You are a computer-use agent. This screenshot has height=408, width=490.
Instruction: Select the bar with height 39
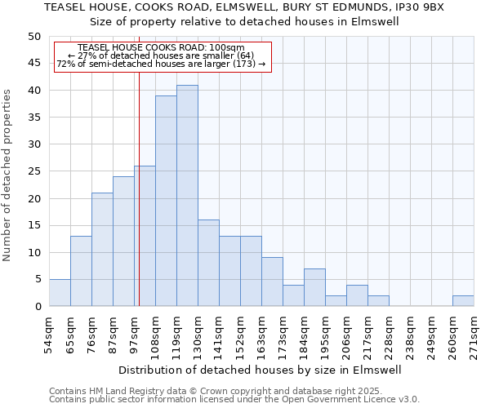coord(166,201)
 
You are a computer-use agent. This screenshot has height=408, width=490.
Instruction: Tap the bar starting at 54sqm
coord(60,292)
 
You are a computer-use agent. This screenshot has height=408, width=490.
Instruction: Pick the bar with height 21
coord(102,249)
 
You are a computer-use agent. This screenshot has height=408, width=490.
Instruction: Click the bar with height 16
coord(208,263)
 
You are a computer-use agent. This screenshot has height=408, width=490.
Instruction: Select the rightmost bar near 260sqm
coord(463,301)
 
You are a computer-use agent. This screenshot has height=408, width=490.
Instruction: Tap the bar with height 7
coord(314,287)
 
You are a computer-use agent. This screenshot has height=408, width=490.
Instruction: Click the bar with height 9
coord(272,282)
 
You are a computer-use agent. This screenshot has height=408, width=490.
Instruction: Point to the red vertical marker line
coord(140,188)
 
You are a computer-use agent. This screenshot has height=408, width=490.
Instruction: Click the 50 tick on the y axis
coord(33,37)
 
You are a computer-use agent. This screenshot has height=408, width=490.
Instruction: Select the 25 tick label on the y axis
coord(33,171)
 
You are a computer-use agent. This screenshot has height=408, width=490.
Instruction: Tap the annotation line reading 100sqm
coord(162,47)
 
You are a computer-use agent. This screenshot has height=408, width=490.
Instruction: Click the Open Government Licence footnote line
coord(234,400)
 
